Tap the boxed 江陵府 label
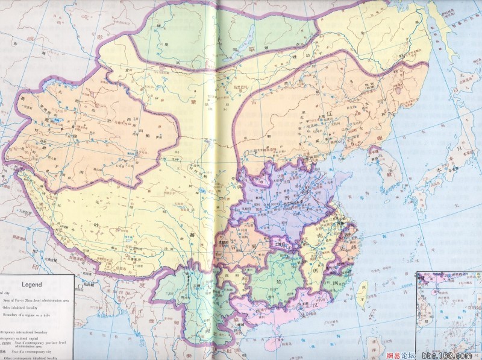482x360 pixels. coord(281,244)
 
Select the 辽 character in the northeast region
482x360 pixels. coord(328,113)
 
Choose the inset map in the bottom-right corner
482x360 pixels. coord(448,314)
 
